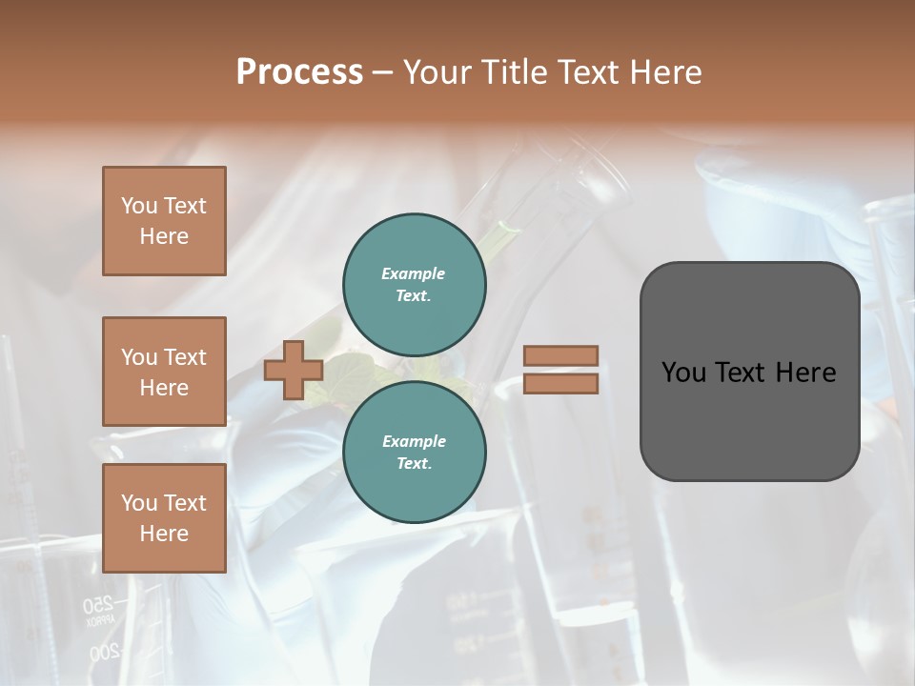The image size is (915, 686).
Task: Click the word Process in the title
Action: (299, 72)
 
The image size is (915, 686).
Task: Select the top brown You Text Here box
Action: (164, 221)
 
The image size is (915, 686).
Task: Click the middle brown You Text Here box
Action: (164, 372)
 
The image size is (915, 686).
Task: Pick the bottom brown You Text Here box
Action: (164, 518)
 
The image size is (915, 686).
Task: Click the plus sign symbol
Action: (294, 370)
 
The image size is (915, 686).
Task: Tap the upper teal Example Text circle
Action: (415, 285)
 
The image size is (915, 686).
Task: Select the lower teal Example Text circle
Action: (415, 453)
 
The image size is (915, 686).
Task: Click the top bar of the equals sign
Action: (560, 356)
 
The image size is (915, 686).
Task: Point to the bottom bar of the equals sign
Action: (560, 383)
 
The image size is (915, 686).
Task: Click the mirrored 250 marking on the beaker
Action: (98, 603)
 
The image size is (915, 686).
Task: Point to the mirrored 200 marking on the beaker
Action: (104, 653)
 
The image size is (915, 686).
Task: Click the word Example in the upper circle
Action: (414, 273)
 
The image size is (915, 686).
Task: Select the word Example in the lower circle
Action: (414, 441)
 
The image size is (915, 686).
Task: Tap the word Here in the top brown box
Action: (164, 236)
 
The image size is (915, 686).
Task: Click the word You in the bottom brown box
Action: (139, 503)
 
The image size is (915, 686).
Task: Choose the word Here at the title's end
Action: (666, 72)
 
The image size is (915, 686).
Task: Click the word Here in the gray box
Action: (805, 373)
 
